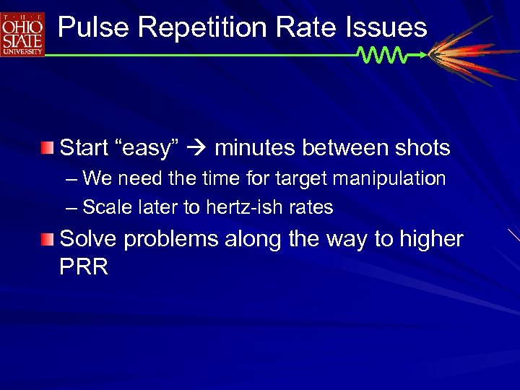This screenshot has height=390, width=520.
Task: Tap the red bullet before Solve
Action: [x=47, y=238]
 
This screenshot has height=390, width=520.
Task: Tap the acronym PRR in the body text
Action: [x=84, y=267]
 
